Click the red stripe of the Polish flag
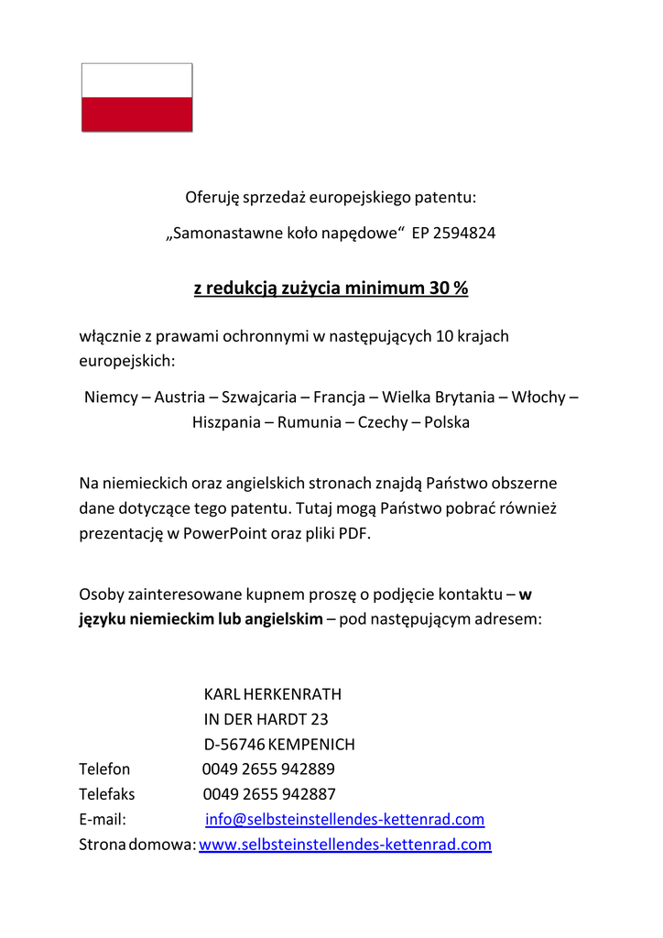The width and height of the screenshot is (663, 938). pos(137,115)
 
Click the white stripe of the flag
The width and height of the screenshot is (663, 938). pos(137,81)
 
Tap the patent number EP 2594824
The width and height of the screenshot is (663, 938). pos(453,233)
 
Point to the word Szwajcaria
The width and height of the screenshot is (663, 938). pos(259,398)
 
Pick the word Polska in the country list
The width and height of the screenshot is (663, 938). pos(447,422)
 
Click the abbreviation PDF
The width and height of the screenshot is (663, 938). pos(354,534)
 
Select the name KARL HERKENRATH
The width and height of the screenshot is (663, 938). pos(272,694)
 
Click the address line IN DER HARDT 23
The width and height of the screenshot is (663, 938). pos(266,719)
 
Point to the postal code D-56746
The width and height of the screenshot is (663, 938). pos(234,744)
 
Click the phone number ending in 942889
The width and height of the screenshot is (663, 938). pos(268,769)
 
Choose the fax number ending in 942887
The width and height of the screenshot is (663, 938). pos(268,793)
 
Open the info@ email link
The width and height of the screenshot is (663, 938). pos(344,819)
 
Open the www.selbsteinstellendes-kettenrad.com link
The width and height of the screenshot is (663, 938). pos(344,844)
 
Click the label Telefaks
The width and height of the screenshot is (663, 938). pos(106,793)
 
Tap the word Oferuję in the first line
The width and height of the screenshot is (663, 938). pos(212,197)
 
